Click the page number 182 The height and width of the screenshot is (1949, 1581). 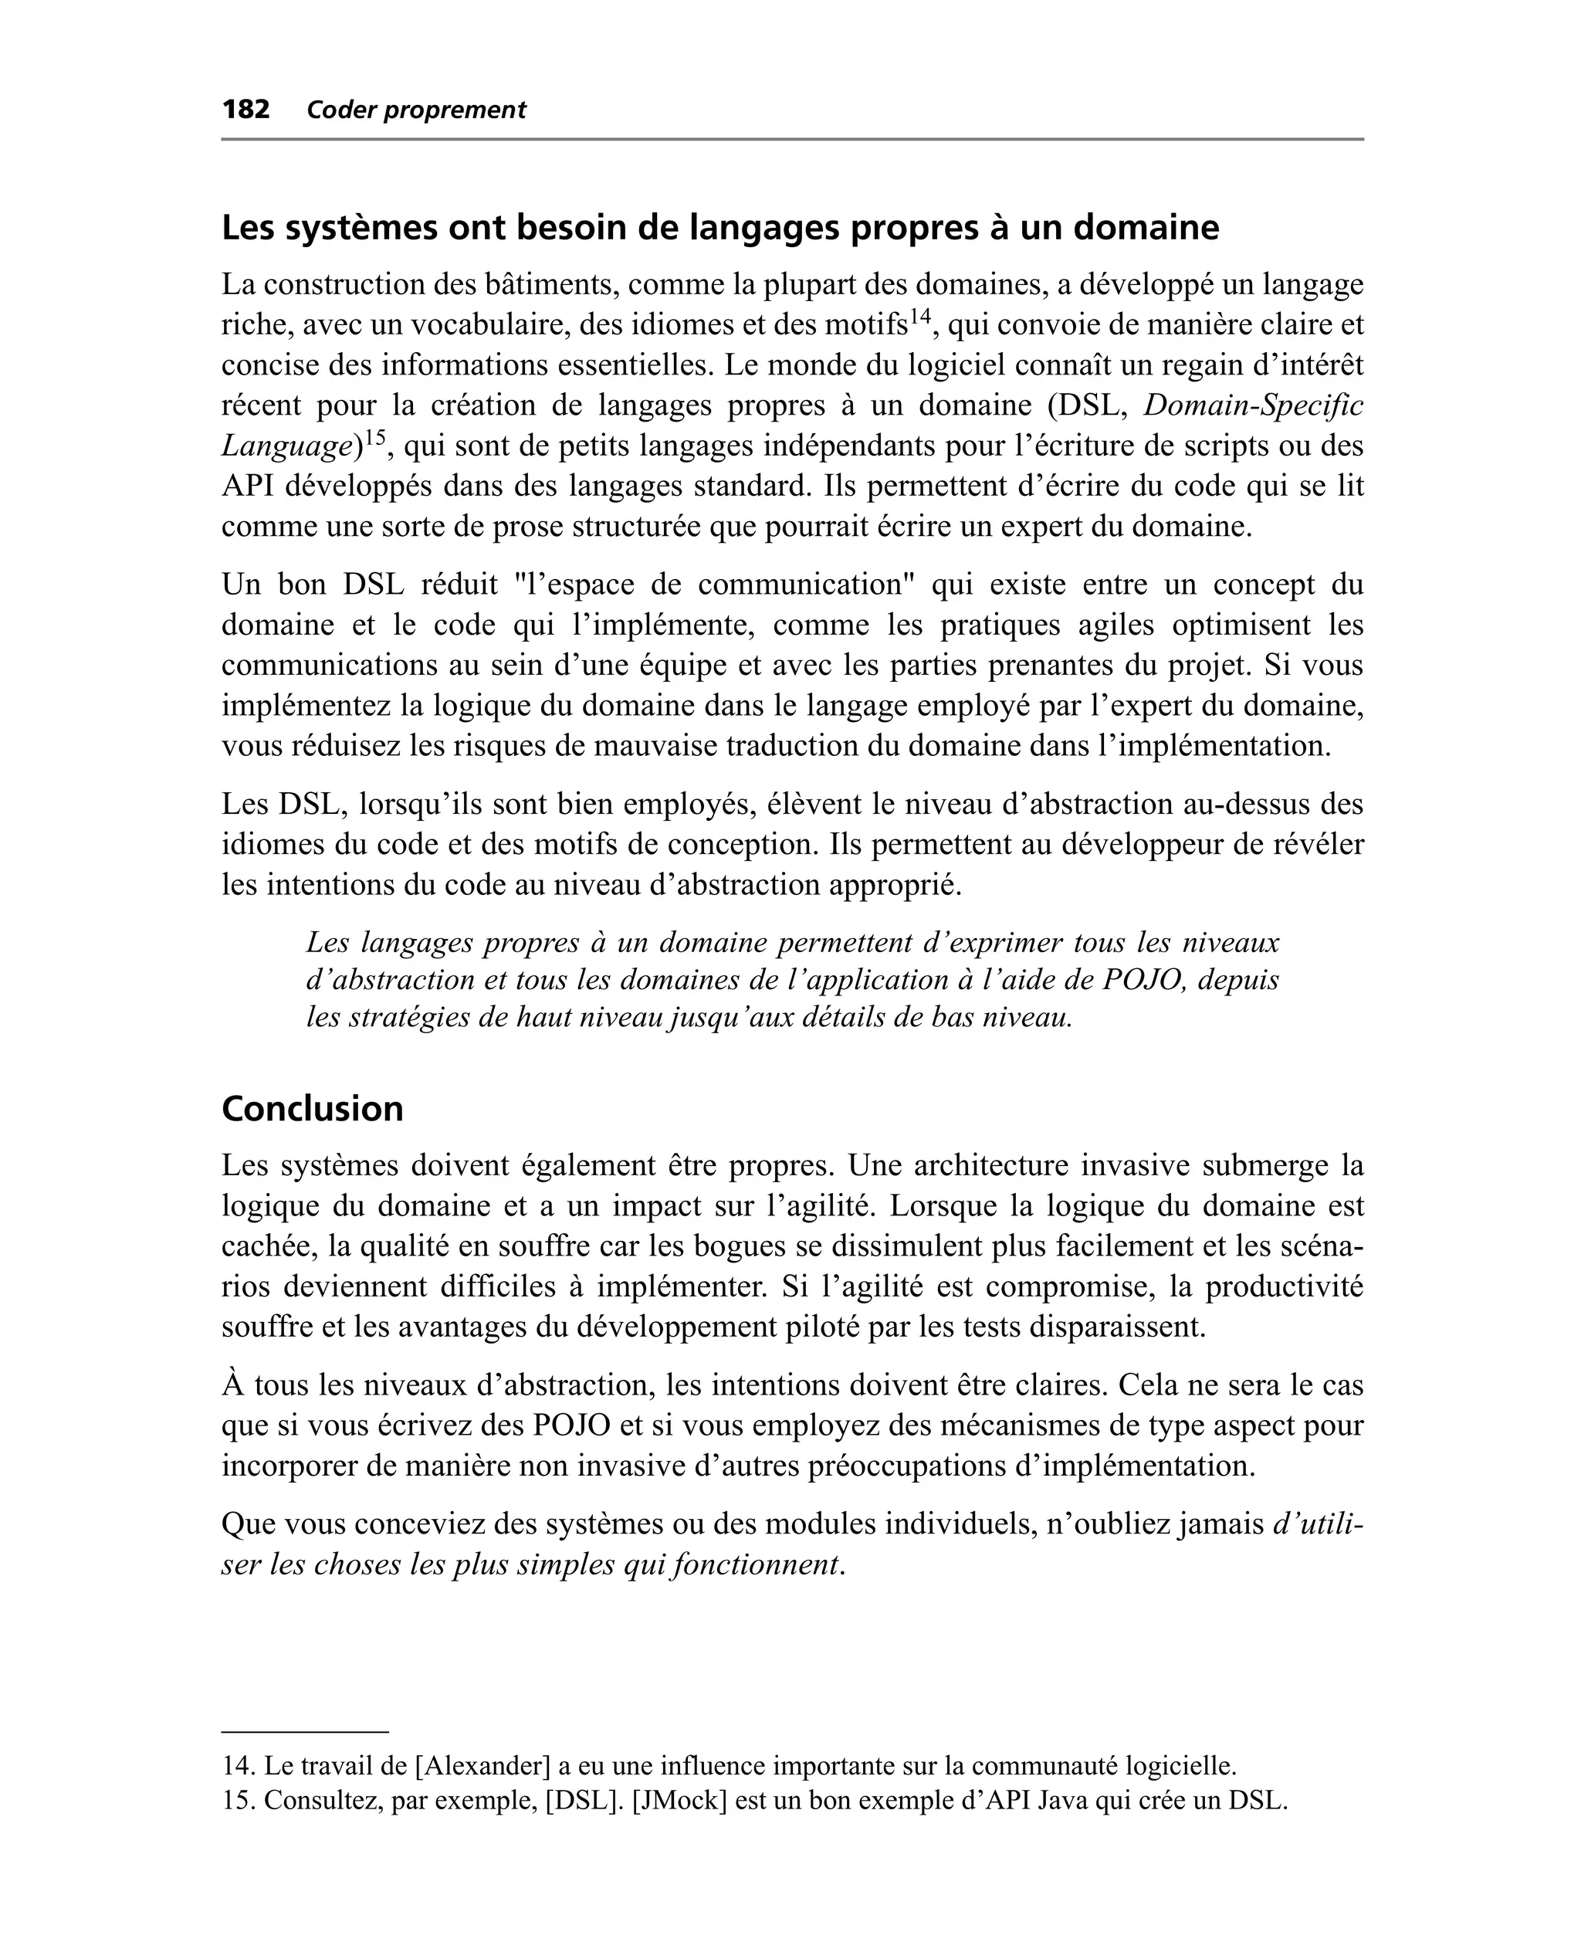(246, 110)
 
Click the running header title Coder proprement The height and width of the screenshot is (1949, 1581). (416, 110)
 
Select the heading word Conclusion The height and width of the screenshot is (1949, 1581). (313, 1108)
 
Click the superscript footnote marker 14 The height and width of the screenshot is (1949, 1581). (921, 316)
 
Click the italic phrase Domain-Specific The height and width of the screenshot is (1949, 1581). (1253, 405)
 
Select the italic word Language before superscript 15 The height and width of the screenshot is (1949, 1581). (286, 446)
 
